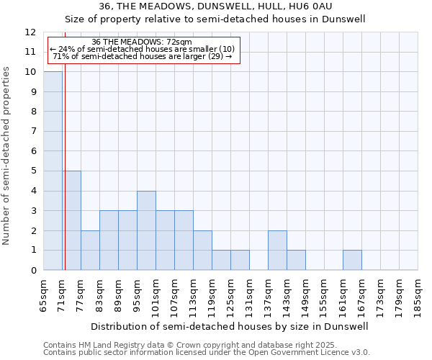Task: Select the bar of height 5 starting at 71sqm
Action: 71,220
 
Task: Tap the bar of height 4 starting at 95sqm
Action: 146,230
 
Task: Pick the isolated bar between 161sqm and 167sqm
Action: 352,260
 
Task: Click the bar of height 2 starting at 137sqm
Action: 277,250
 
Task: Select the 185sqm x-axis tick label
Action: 418,296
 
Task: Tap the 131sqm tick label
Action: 250,296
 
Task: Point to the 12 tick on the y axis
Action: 30,32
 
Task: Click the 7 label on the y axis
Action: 33,132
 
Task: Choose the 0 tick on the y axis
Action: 33,270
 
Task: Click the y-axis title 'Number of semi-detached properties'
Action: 7,156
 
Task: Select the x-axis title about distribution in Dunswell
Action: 230,326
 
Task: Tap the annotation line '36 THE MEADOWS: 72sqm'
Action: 143,42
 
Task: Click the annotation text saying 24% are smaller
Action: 143,49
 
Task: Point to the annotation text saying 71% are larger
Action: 143,56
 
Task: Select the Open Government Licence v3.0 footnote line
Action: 207,353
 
